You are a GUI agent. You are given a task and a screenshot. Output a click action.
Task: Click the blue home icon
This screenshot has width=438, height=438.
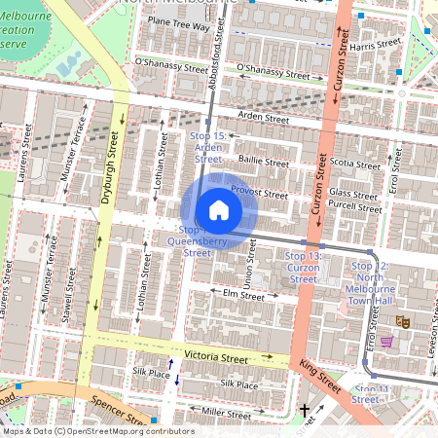pos(218,210)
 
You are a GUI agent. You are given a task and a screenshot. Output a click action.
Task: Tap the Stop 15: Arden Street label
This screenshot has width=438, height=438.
pos(208,146)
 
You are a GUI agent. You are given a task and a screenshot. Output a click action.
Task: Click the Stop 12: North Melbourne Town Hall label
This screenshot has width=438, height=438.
pos(370,282)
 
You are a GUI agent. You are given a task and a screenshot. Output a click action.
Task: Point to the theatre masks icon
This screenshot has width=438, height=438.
pos(402,320)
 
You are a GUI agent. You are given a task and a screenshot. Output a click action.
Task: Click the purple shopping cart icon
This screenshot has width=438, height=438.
pos(386,342)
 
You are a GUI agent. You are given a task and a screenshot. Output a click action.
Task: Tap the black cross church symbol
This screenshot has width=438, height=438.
pos(305,412)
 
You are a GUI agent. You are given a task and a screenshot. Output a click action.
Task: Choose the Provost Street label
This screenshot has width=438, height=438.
pos(259,194)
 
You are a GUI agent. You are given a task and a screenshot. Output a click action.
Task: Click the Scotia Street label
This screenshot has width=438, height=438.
pos(354,164)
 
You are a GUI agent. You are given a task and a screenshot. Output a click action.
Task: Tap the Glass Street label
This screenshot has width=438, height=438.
pos(352,195)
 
